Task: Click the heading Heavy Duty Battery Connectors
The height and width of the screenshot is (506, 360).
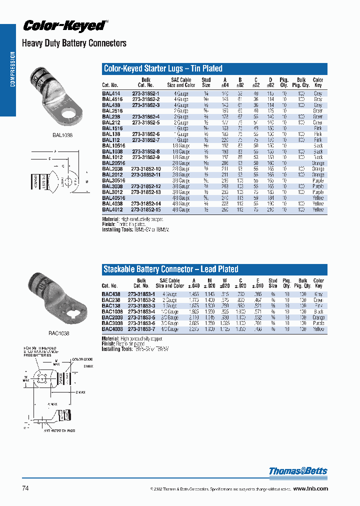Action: point(74,43)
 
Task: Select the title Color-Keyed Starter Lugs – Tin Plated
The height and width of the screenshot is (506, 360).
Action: point(163,68)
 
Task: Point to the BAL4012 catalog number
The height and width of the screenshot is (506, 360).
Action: point(111,210)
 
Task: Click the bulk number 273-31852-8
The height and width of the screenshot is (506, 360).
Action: point(145,151)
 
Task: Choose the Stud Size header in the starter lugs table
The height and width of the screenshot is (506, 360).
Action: point(206,82)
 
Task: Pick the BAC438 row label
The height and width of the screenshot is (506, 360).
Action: point(110,294)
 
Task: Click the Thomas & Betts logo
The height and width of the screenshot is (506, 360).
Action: point(298,471)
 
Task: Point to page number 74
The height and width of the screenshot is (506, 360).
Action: point(25,488)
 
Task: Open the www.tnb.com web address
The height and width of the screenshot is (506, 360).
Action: point(310,488)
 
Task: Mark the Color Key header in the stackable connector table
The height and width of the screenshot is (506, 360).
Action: point(318,283)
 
